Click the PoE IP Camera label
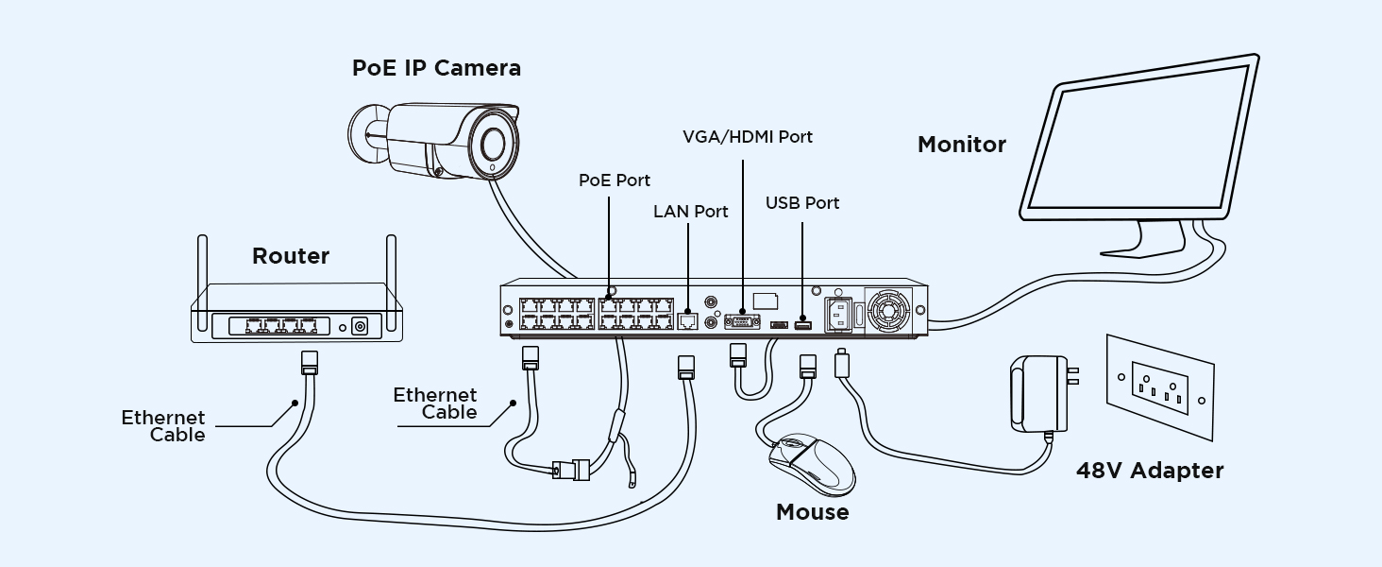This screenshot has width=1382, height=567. click(436, 68)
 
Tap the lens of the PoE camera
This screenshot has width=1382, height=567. click(492, 145)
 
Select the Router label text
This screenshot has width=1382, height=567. click(291, 256)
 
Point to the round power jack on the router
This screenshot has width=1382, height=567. click(359, 327)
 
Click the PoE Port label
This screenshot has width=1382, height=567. click(615, 180)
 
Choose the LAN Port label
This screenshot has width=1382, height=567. click(691, 212)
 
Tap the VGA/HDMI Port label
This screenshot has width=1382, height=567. click(748, 137)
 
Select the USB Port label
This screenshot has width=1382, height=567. click(802, 203)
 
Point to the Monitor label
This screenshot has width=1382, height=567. click(962, 145)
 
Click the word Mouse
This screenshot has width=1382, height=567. click(812, 512)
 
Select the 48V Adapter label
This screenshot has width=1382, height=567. click(1150, 471)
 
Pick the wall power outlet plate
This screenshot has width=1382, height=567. click(1159, 387)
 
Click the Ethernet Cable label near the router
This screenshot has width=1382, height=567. click(163, 426)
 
